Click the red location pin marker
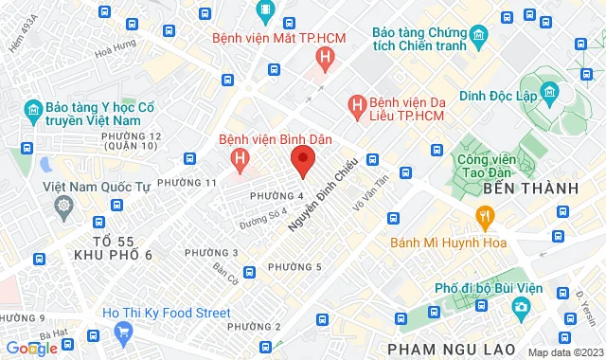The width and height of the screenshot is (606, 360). (302, 161)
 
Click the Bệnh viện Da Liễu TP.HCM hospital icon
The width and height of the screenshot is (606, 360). (356, 101)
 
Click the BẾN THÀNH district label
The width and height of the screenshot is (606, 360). (529, 189)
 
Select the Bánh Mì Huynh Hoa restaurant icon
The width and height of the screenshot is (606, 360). (486, 219)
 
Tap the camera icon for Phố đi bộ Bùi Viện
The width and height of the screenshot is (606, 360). (521, 308)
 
